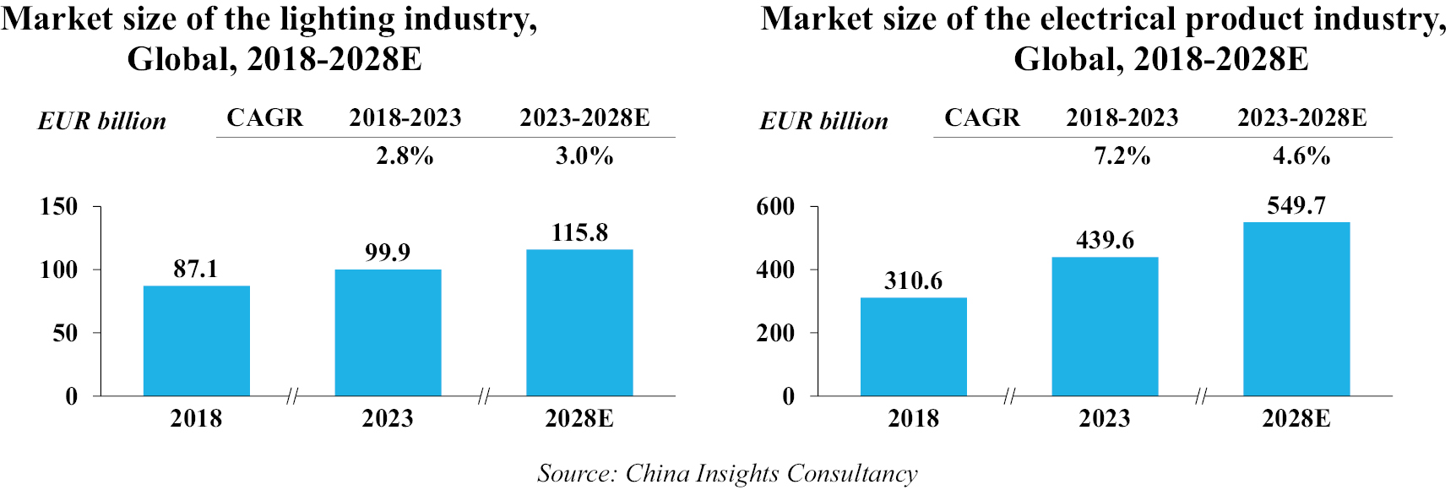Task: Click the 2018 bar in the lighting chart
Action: pyautogui.click(x=196, y=340)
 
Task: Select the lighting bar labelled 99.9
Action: pyautogui.click(x=388, y=332)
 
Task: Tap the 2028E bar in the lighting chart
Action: pyautogui.click(x=579, y=322)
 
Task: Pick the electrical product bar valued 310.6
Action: pyautogui.click(x=913, y=346)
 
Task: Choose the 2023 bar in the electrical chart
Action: pyautogui.click(x=1105, y=326)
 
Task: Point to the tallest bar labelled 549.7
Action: pyautogui.click(x=1296, y=308)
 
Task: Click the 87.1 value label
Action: pyautogui.click(x=196, y=269)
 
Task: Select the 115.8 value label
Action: pyautogui.click(x=579, y=233)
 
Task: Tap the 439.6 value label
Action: pyautogui.click(x=1105, y=241)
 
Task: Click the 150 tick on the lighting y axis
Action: pyautogui.click(x=59, y=207)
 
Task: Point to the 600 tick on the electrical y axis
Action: pyautogui.click(x=775, y=207)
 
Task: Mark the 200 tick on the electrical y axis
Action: pyautogui.click(x=775, y=334)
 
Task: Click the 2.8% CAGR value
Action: pyautogui.click(x=405, y=156)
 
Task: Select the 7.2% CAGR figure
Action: pyautogui.click(x=1122, y=156)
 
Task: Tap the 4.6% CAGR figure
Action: pyautogui.click(x=1301, y=156)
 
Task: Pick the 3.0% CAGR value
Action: pyautogui.click(x=584, y=156)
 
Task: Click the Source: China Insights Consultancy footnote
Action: pyautogui.click(x=727, y=473)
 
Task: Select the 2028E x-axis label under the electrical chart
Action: pyautogui.click(x=1296, y=419)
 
